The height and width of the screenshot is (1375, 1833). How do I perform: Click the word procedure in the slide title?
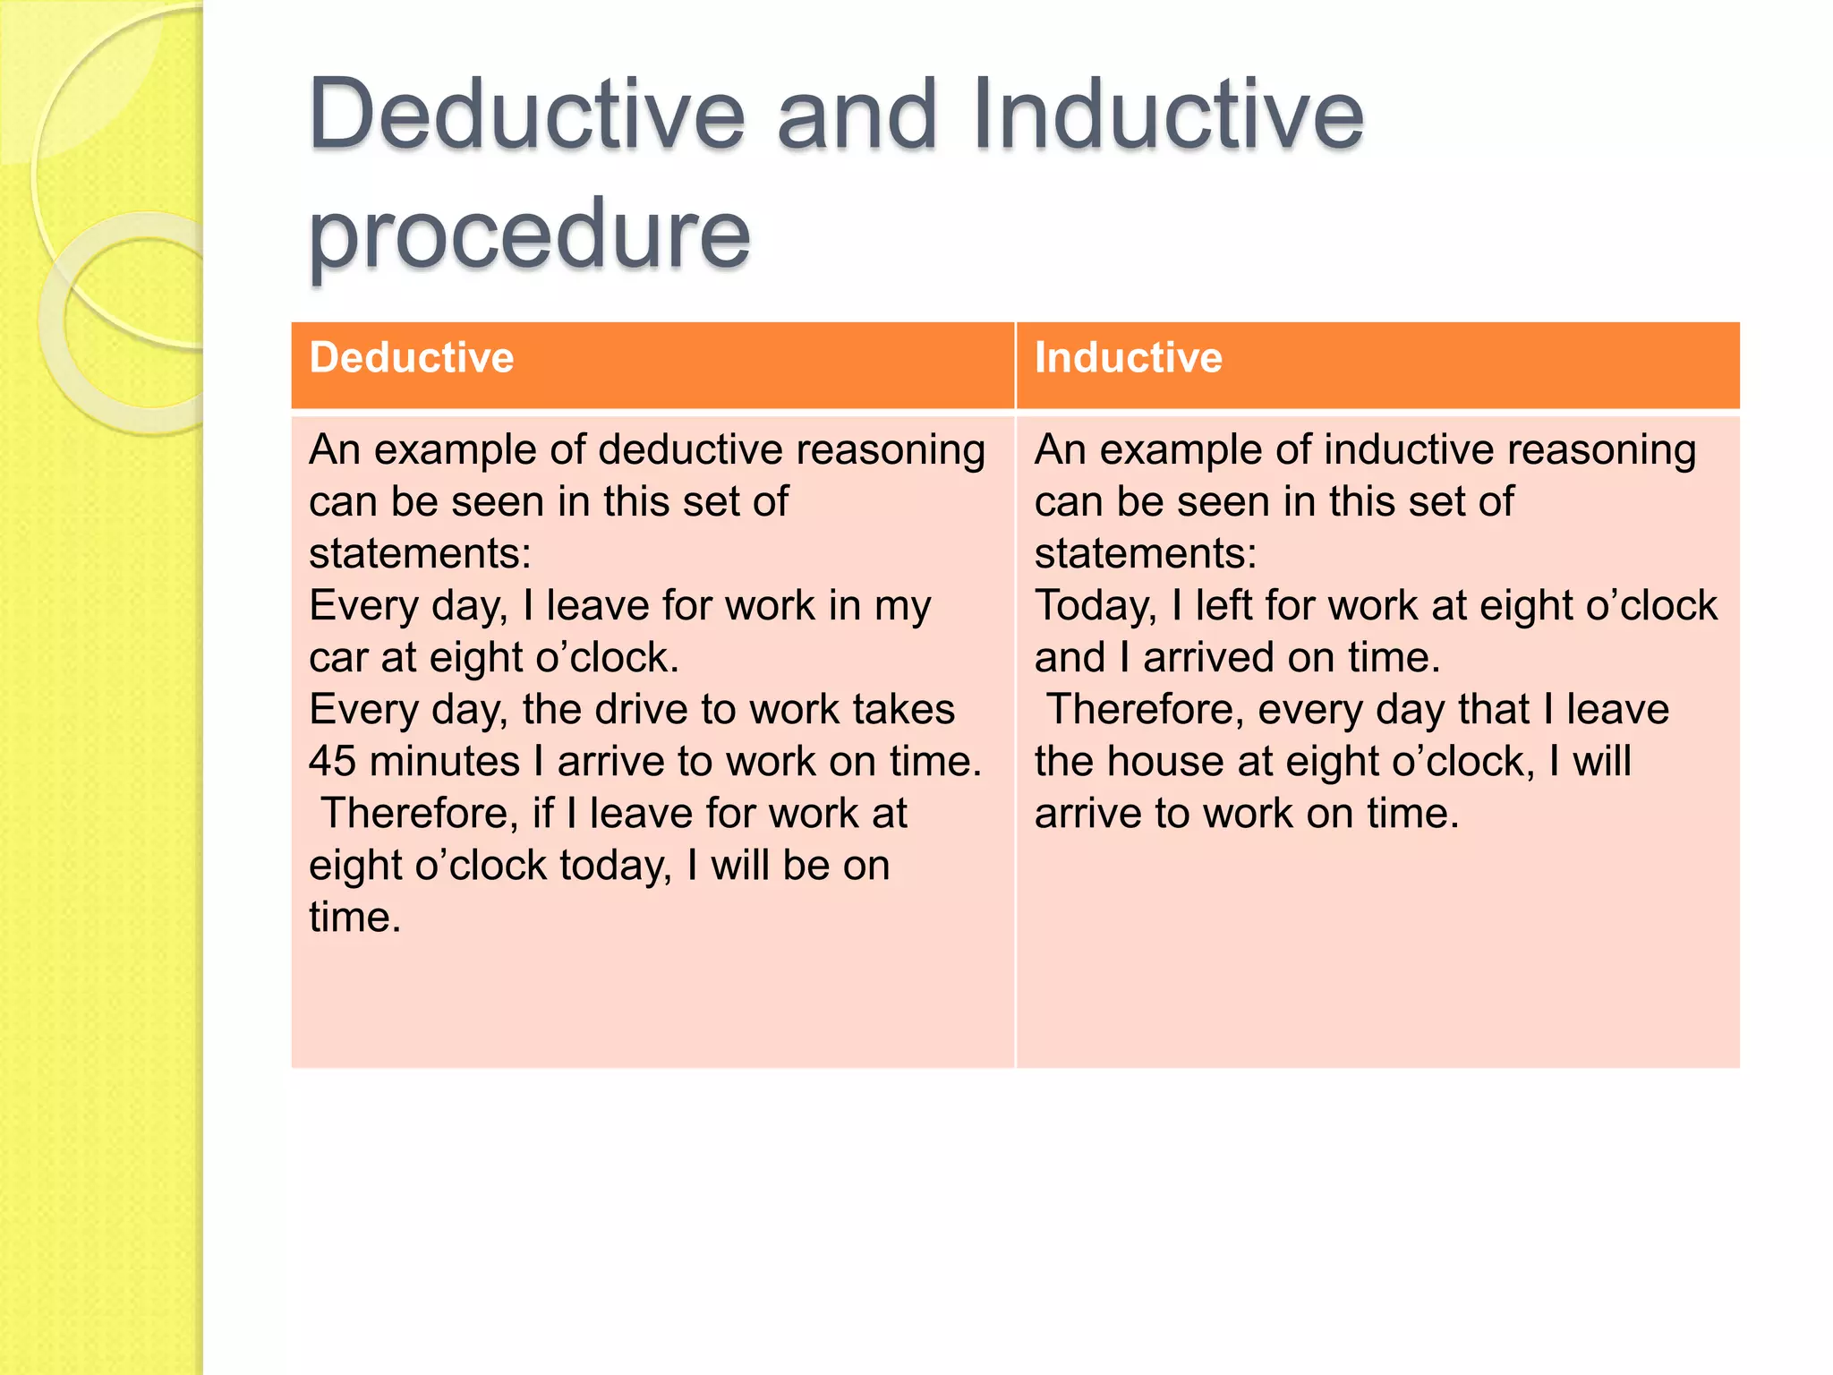pyautogui.click(x=529, y=235)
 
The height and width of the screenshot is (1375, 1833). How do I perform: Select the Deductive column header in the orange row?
pyautogui.click(x=412, y=357)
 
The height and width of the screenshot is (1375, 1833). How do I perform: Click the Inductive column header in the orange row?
pyautogui.click(x=1129, y=357)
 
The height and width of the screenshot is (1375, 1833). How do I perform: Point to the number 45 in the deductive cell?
pyautogui.click(x=332, y=762)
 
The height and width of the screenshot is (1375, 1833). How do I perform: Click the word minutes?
pyautogui.click(x=445, y=762)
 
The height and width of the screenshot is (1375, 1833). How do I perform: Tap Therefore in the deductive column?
pyautogui.click(x=421, y=814)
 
